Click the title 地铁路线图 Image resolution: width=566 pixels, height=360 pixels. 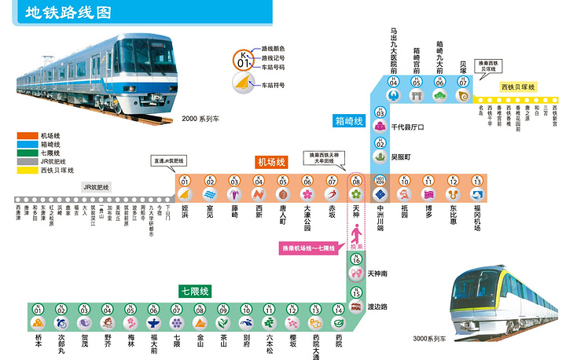point(67,13)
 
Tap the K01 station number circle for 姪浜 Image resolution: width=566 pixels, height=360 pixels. point(186,181)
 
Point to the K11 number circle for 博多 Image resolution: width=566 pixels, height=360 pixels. point(428,181)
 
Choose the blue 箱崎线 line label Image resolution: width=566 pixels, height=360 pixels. point(349,121)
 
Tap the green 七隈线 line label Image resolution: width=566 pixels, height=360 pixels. point(193,291)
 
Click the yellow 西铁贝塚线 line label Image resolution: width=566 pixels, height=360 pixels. point(517,86)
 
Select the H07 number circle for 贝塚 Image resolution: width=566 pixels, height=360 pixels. point(463,82)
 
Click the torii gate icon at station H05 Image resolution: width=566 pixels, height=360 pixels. point(417,95)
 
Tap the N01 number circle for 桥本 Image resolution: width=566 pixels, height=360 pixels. point(39,310)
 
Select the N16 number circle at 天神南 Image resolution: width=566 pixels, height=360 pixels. point(356,259)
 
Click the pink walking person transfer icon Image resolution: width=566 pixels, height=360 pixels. point(356,233)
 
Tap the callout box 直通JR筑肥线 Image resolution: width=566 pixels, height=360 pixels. point(169,160)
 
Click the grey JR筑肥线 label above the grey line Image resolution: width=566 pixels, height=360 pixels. point(97,187)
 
